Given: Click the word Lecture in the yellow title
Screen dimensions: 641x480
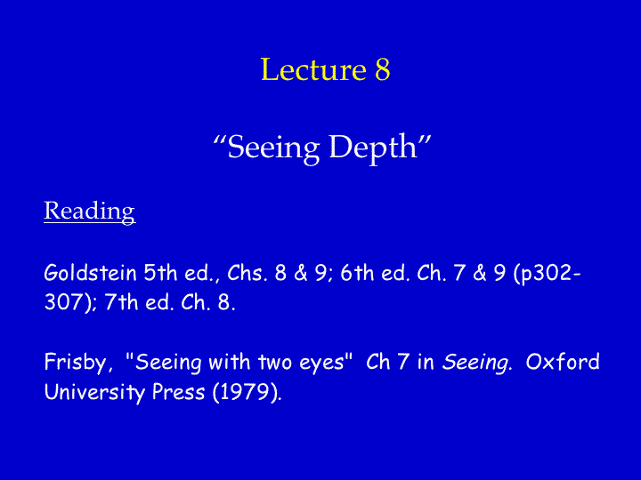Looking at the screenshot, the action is tap(313, 69).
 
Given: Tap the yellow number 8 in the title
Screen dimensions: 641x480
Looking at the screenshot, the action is tap(383, 69).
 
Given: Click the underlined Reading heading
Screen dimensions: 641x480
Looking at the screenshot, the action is tap(90, 212).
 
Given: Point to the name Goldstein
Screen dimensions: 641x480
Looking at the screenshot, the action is tap(90, 273).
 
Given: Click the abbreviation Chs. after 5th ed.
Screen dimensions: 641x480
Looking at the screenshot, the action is tap(247, 273).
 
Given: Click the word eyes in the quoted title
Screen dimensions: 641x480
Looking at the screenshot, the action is tap(326, 363).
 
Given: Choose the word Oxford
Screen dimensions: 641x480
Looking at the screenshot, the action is tap(563, 362).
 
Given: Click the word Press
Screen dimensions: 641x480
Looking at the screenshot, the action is tap(178, 392).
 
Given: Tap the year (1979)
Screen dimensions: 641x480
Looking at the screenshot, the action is tap(247, 393).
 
